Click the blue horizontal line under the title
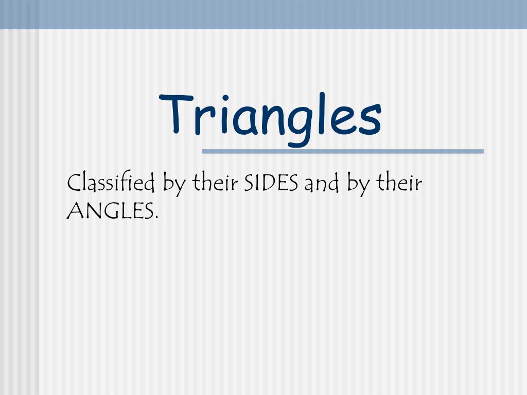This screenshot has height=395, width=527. point(343,151)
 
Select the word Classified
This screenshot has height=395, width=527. point(112,184)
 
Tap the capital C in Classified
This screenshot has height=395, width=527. point(74,184)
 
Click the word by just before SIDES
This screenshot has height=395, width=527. point(174,185)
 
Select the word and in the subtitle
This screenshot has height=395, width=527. point(321,184)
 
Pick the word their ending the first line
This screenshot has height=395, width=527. point(399,183)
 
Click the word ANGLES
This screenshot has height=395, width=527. point(110,210)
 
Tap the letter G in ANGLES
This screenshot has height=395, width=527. point(109,210)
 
